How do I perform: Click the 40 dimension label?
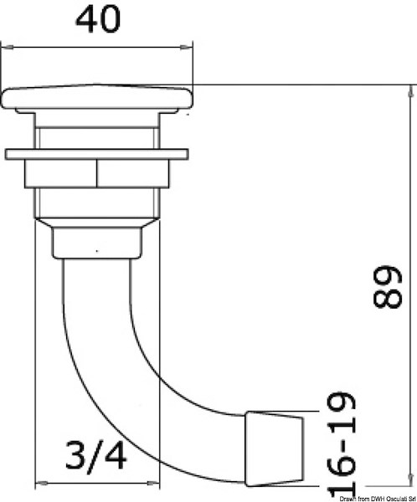[x=98, y=19]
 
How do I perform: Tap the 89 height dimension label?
[x=389, y=289]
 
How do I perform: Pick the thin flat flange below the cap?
[x=98, y=154]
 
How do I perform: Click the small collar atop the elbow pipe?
[x=95, y=242]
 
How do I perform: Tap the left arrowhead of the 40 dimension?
[x=7, y=47]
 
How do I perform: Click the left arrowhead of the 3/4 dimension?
[x=37, y=483]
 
